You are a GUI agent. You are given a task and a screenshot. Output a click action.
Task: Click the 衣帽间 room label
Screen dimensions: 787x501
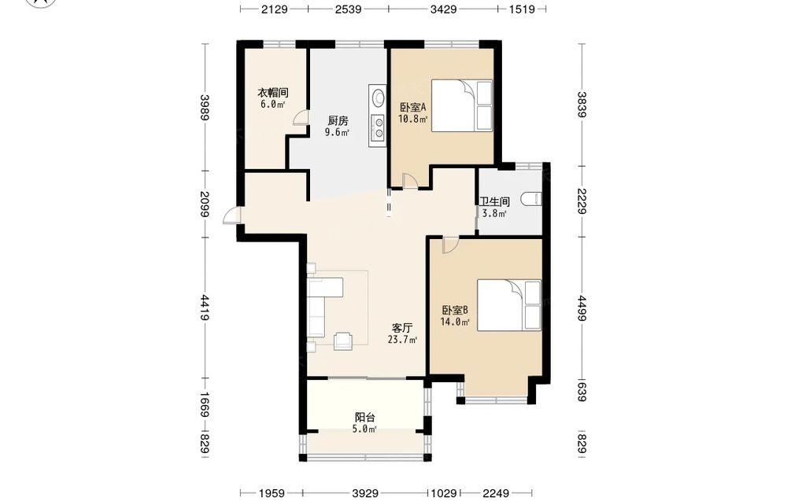point(272,93)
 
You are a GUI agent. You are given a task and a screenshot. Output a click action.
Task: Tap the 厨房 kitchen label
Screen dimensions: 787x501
point(338,121)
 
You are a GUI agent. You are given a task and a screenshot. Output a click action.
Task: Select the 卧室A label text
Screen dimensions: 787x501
point(412,107)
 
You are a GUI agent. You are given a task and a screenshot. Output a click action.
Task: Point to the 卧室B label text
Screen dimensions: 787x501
point(455,311)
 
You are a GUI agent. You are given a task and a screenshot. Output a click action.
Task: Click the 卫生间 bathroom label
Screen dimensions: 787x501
point(494,201)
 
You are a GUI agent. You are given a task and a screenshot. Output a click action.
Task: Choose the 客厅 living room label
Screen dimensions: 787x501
point(402,328)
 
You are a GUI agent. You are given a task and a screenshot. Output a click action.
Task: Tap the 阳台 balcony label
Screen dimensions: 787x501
point(365,418)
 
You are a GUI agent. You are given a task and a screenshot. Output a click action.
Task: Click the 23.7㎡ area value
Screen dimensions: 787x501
point(402,340)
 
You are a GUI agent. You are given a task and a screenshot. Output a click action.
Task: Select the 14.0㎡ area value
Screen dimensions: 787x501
point(455,322)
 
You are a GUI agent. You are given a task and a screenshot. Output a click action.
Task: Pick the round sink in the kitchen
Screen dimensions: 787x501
point(377,98)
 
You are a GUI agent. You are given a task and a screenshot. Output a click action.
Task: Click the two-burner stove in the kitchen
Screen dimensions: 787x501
point(377,127)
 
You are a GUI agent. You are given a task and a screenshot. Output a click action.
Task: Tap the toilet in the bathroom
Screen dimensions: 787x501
point(531,200)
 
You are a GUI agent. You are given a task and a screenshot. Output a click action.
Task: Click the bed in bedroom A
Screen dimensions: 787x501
point(462,105)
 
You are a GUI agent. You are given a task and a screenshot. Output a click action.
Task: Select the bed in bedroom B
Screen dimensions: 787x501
point(509,305)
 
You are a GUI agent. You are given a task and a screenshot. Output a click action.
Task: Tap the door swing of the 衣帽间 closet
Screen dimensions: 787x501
point(300,118)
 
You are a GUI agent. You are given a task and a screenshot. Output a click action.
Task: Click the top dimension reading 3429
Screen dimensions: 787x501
point(443,9)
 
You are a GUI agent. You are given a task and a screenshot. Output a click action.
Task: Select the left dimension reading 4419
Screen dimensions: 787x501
point(205,308)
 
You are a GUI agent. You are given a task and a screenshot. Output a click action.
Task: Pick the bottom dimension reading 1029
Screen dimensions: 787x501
point(444,493)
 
